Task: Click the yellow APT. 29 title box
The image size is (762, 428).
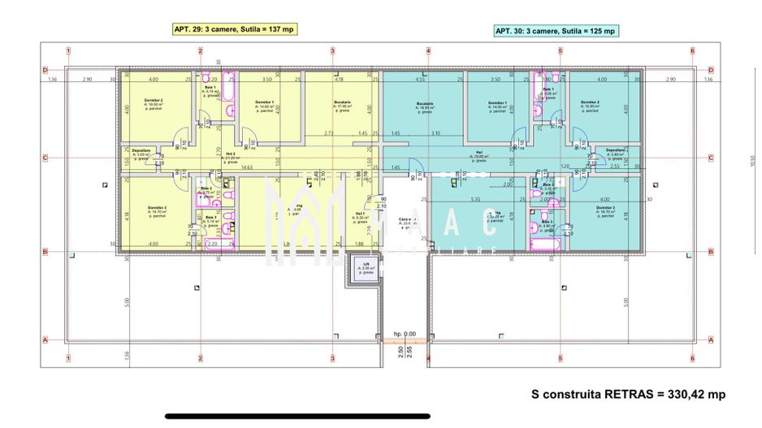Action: [234, 28]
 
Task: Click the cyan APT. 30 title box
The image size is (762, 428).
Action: [556, 31]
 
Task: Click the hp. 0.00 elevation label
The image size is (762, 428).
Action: [405, 334]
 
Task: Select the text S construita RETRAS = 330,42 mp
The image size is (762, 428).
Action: [628, 394]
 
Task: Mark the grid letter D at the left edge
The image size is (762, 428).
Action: [45, 70]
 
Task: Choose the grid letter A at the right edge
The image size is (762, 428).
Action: [711, 340]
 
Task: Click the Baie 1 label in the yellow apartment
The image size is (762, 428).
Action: [210, 89]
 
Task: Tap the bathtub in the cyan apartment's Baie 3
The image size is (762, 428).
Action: [541, 243]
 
